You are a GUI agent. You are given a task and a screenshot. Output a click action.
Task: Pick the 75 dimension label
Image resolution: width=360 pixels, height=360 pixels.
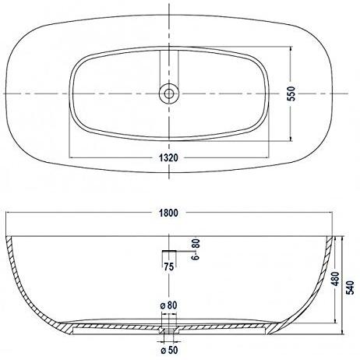[x=168, y=267]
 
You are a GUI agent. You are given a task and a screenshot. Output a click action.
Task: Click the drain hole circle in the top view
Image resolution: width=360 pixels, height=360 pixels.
[x=168, y=94]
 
